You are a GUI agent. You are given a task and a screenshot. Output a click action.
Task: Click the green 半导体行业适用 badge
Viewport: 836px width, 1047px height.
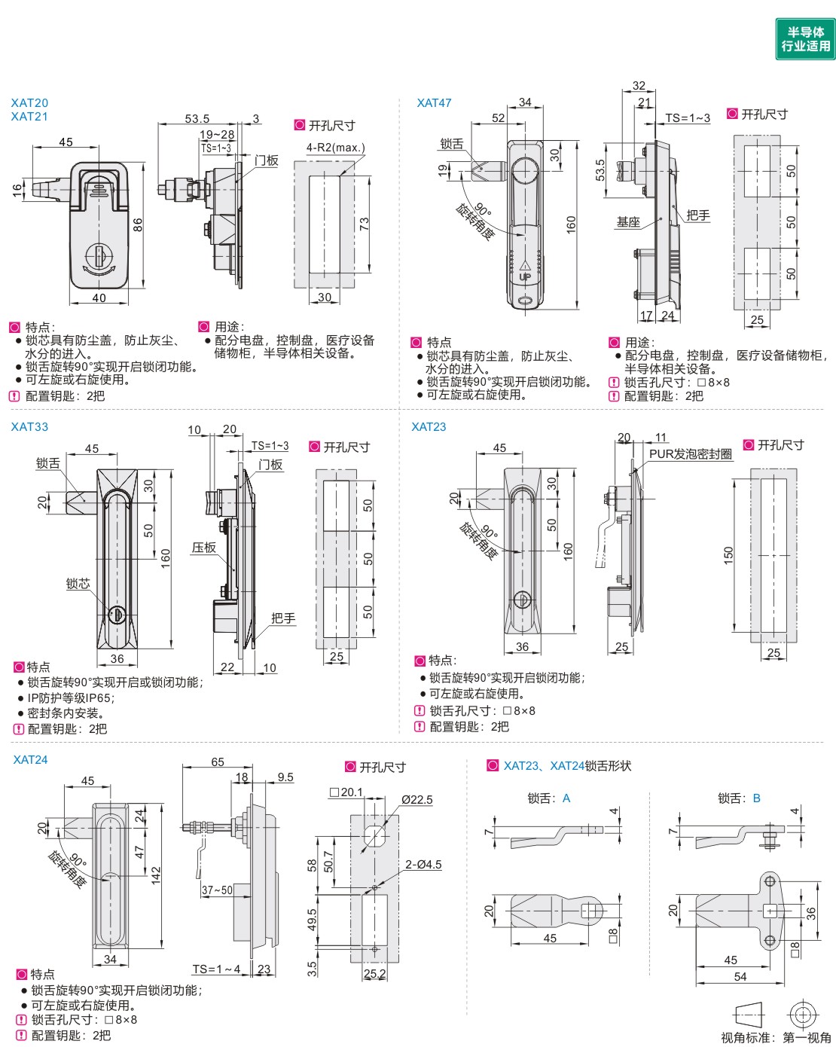point(805,39)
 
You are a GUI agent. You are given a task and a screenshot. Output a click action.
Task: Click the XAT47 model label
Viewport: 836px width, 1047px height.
point(434,103)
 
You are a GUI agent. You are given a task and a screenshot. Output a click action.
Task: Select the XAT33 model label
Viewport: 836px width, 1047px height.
point(29,427)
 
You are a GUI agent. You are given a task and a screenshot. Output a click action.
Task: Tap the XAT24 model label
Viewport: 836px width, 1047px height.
point(30,760)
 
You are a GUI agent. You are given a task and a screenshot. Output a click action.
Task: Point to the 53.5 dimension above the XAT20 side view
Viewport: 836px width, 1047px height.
point(197,119)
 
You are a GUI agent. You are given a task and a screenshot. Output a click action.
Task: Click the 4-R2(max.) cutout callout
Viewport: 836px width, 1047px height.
point(335,148)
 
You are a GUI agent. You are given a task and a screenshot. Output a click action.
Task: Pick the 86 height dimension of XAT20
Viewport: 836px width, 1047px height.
point(138,224)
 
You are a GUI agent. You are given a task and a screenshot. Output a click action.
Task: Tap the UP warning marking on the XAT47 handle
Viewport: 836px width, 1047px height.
point(525,276)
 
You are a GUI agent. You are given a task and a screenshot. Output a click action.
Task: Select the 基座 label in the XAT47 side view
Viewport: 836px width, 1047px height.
point(628,222)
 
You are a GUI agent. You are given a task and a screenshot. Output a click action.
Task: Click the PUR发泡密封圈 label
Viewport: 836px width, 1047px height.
point(691,454)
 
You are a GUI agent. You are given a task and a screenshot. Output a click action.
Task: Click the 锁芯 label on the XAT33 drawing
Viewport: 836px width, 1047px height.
point(78,584)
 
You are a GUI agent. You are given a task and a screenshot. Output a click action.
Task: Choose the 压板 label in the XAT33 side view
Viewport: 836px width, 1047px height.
point(203,548)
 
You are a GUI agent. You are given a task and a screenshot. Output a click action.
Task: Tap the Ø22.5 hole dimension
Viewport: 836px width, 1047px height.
point(416,800)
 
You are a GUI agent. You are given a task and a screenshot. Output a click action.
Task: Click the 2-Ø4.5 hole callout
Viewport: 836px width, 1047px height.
point(423,865)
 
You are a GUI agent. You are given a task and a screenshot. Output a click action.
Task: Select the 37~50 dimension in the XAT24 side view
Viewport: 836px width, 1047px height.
point(217,890)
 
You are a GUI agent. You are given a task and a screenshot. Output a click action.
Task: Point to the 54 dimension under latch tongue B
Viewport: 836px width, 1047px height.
point(740,977)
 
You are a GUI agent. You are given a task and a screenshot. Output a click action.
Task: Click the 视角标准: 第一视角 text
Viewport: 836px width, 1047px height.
point(776,1038)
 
